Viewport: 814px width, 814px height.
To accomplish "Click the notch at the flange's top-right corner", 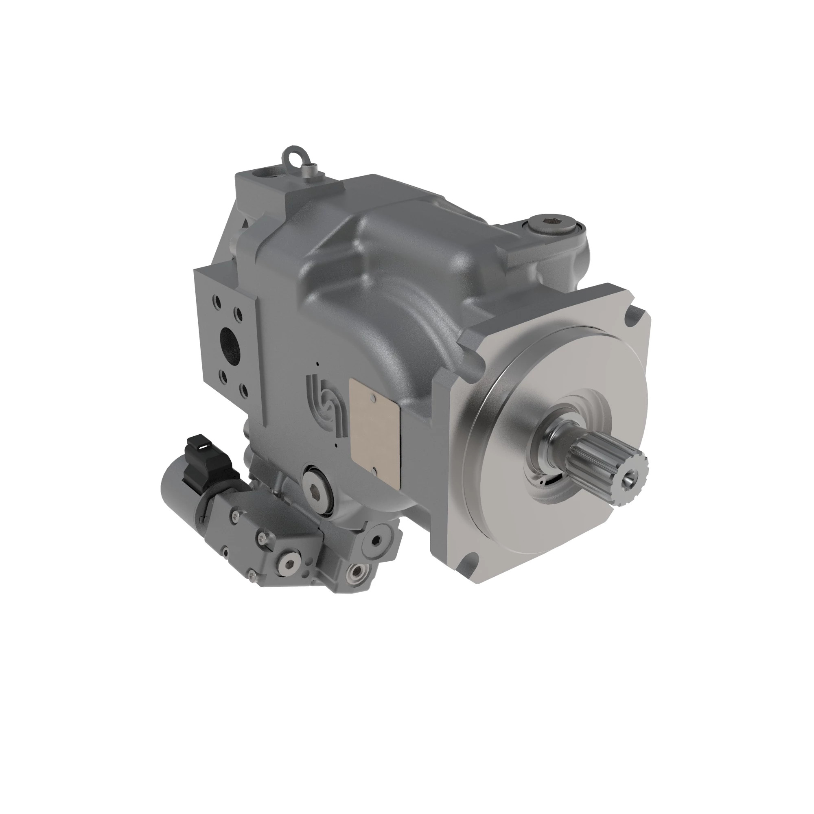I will (635, 314).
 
